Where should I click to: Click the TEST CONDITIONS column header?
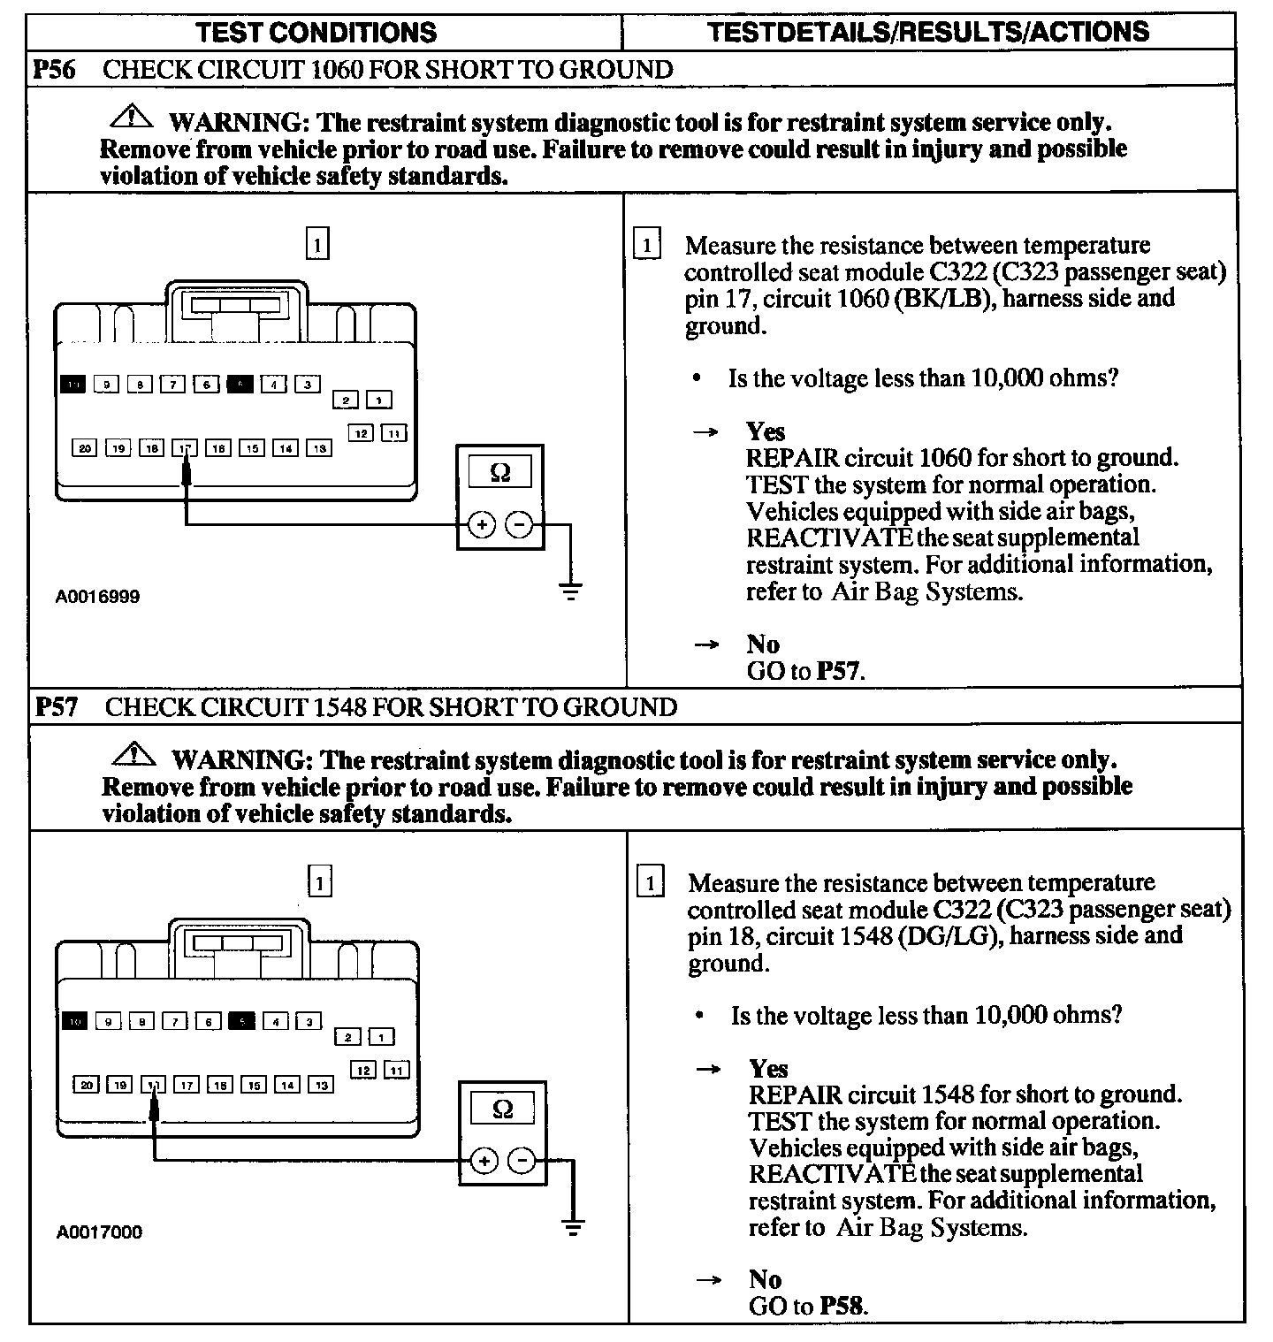316,33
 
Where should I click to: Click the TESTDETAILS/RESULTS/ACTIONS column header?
928,33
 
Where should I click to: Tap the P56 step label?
55,70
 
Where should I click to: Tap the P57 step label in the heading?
57,707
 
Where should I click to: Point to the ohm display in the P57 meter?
503,1109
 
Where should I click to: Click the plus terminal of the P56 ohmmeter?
482,525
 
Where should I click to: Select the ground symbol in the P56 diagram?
571,591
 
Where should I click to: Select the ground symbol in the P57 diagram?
574,1227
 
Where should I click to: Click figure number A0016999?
97,597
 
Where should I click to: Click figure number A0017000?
99,1232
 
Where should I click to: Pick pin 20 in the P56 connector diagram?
85,449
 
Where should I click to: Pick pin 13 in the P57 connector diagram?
321,1086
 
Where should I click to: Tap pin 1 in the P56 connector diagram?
379,401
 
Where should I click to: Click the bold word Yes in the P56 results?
765,431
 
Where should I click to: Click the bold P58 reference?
842,1306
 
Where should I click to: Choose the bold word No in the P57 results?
765,1279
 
